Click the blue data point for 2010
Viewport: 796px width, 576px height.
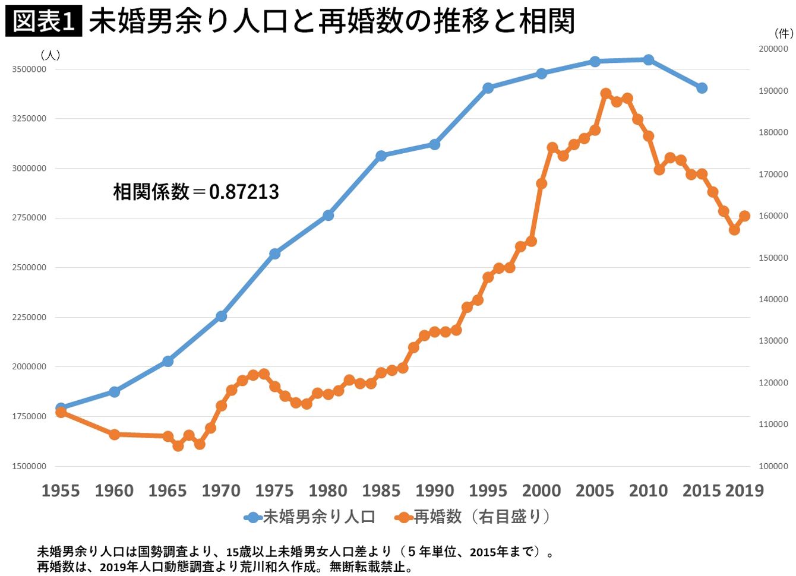[648, 59]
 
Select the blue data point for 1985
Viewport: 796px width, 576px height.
[381, 156]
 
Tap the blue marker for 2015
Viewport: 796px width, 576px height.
[702, 88]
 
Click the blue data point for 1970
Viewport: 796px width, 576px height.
[221, 316]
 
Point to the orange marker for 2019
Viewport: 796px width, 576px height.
[744, 216]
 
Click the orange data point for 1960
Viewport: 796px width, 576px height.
[115, 435]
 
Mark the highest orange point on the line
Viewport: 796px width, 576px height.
[606, 94]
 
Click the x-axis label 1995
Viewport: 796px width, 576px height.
[488, 490]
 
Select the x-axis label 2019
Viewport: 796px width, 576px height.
[744, 490]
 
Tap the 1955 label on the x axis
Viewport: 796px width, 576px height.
[61, 490]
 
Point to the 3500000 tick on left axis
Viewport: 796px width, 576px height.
[29, 69]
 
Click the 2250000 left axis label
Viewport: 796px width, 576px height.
[29, 317]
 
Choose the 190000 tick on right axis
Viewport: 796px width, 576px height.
[773, 91]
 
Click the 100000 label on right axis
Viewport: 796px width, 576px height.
[773, 466]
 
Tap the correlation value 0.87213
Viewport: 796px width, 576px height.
[244, 192]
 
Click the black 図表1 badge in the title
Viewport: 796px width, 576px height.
[43, 22]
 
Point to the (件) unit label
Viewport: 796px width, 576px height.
[784, 34]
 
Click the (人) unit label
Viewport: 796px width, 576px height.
[50, 55]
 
